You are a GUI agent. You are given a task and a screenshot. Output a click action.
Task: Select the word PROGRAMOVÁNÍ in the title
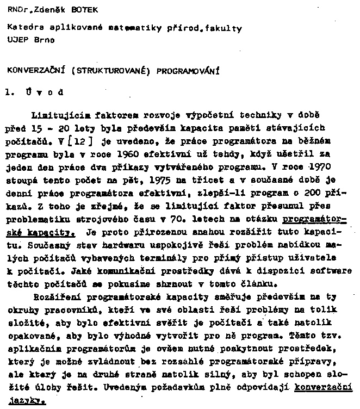click(x=187, y=70)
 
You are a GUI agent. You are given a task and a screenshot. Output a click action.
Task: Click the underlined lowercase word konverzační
click(x=324, y=388)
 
